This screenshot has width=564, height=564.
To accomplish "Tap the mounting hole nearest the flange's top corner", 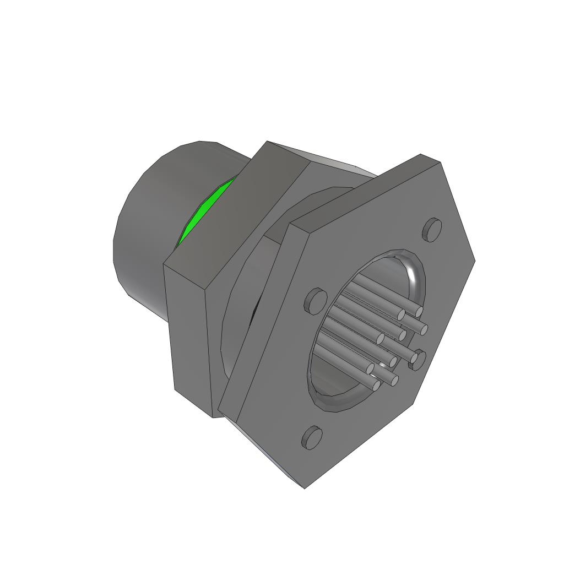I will tap(432, 229).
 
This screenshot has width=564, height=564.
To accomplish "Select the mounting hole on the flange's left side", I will tap(316, 300).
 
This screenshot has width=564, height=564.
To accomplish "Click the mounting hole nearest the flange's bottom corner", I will tap(312, 437).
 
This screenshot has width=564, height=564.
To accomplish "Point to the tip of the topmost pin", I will tap(419, 312).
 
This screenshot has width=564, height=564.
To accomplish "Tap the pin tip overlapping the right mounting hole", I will tap(413, 360).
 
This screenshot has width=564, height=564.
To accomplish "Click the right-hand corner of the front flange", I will tap(474, 260).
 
